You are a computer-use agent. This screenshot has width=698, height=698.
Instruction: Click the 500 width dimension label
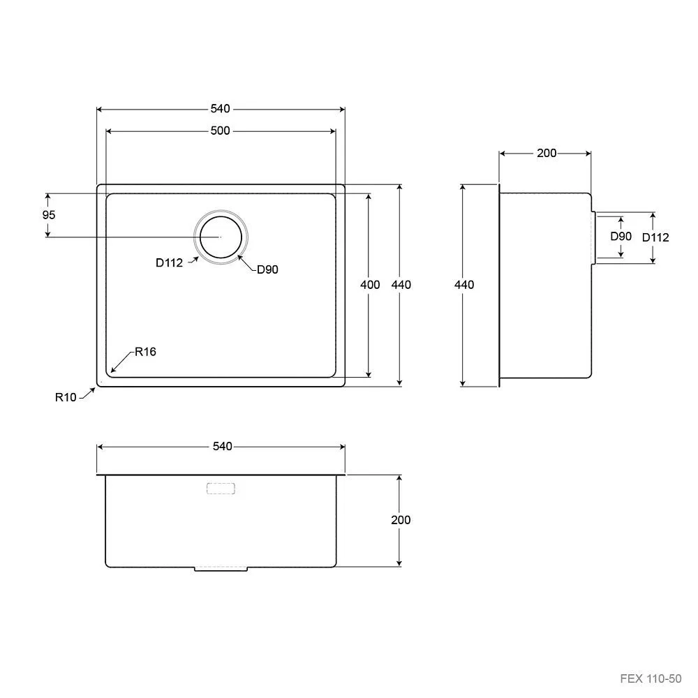pos(221,131)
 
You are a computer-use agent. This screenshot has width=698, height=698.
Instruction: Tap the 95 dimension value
pos(49,215)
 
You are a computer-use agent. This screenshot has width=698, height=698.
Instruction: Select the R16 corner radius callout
pos(146,352)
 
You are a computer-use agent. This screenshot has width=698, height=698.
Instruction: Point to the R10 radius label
pos(66,397)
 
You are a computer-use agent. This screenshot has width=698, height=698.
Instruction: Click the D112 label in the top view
pos(169,262)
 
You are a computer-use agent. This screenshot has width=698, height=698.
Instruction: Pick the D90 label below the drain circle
pos(267,269)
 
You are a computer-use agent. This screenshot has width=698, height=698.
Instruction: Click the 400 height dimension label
pos(370,285)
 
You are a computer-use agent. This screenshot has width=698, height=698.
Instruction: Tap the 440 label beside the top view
pos(401,285)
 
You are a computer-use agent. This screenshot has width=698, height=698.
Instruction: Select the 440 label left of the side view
pos(464,285)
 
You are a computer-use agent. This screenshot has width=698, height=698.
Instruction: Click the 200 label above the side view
pos(547,153)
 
